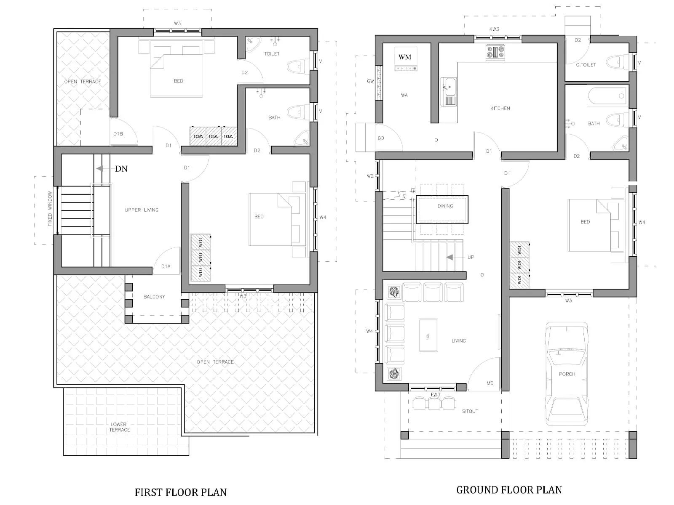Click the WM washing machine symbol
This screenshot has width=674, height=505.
(x=405, y=59)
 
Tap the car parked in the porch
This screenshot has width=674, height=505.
(x=567, y=373)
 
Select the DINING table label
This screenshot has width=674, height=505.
(x=445, y=206)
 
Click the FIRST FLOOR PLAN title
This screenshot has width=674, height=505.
(x=180, y=492)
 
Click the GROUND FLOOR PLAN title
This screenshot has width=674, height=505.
(x=509, y=490)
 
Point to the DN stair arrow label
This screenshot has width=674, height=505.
(x=121, y=169)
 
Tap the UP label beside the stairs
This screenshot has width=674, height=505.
(x=471, y=257)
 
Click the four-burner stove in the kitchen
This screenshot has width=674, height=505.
(x=495, y=52)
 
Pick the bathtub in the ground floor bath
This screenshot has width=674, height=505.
(x=607, y=96)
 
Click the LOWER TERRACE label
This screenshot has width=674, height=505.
(x=119, y=427)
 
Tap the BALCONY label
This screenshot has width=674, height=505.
(x=154, y=297)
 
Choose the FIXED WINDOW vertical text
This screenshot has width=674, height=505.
(x=50, y=209)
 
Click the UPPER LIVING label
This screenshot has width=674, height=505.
(x=142, y=210)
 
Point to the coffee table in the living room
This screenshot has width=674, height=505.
(x=428, y=335)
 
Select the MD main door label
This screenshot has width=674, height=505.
(x=490, y=383)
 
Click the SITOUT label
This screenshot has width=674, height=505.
(x=470, y=411)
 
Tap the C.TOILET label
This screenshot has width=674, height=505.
(x=586, y=65)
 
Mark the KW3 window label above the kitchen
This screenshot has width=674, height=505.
(x=494, y=29)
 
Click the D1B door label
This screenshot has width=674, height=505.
(x=118, y=134)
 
